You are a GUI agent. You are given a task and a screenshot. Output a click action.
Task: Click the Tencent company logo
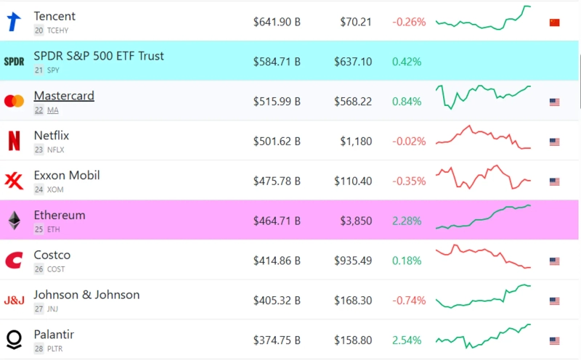(x=14, y=22)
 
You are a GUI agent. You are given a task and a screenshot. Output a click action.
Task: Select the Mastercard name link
(x=64, y=96)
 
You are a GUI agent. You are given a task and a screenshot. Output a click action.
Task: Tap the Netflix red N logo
(x=14, y=141)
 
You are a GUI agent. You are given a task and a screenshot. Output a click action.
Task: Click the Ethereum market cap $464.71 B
(x=277, y=221)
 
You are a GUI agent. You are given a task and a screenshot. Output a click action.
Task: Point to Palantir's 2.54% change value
(x=407, y=340)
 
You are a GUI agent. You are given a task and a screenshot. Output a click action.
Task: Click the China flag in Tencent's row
(x=555, y=22)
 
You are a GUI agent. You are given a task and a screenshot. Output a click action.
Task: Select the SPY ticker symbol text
(x=53, y=70)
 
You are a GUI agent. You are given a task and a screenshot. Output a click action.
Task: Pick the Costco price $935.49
(x=353, y=261)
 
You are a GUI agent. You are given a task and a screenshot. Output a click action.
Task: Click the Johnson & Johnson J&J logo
(x=14, y=300)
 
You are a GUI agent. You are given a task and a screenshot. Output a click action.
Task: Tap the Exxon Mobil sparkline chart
(x=483, y=178)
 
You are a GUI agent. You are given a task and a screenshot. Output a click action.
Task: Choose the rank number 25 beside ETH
(x=38, y=229)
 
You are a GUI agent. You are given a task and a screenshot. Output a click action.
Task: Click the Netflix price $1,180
(x=356, y=142)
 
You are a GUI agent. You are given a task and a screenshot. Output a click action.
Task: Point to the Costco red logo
(x=14, y=261)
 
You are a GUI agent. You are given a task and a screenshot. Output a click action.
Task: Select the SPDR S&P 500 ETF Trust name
(x=99, y=56)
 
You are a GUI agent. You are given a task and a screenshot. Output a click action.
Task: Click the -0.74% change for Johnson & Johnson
(x=409, y=300)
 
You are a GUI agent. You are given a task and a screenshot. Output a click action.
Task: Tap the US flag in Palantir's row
(x=555, y=340)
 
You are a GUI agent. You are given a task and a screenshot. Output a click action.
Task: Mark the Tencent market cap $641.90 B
(x=277, y=22)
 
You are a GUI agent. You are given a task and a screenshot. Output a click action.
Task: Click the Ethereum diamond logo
(x=14, y=221)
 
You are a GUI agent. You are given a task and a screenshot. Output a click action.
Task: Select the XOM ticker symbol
(x=56, y=189)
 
